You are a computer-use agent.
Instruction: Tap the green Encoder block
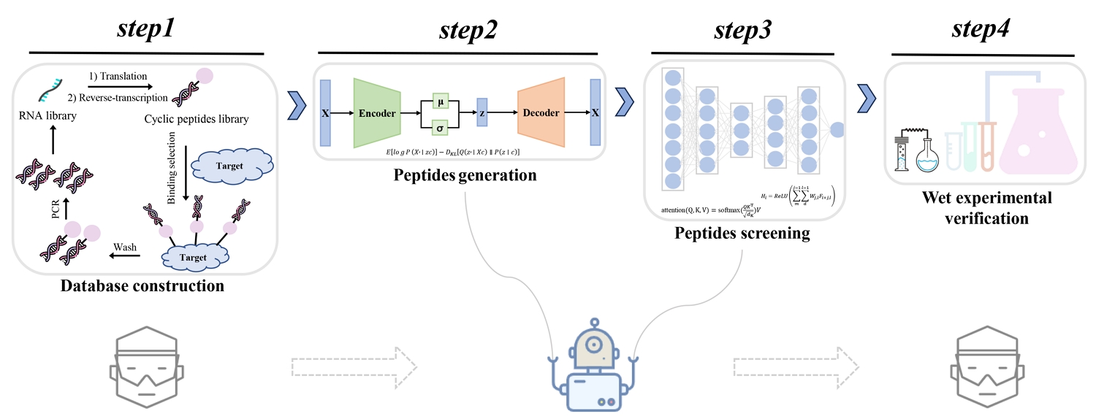377,113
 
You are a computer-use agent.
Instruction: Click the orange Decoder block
541,113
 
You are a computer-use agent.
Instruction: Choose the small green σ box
440,128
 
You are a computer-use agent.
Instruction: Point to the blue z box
482,113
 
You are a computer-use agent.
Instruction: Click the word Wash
125,247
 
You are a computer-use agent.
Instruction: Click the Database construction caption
142,285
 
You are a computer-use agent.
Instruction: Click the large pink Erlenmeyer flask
1035,139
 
